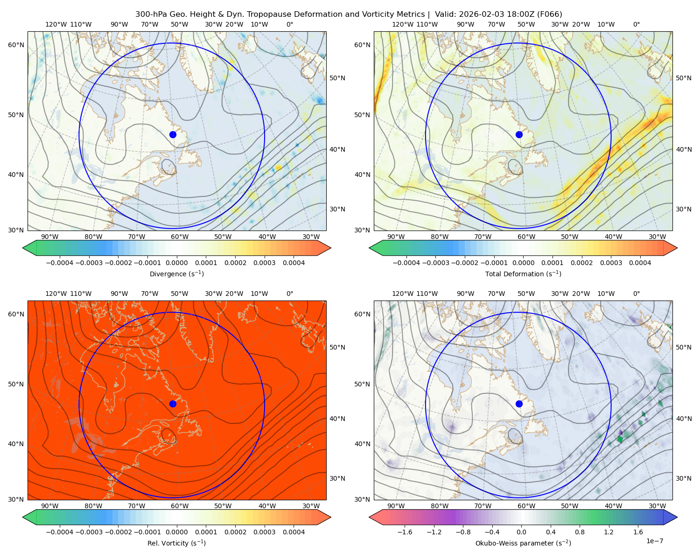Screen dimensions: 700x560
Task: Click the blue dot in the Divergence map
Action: (173, 134)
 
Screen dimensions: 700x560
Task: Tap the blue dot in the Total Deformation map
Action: (519, 134)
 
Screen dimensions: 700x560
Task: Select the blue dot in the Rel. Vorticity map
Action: (173, 404)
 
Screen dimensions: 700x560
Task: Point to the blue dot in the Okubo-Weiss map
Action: (519, 404)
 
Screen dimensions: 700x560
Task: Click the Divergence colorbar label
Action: (176, 273)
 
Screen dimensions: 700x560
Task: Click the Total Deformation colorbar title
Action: (523, 273)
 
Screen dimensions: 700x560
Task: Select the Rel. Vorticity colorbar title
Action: (176, 543)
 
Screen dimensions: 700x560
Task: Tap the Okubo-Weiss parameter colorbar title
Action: (523, 543)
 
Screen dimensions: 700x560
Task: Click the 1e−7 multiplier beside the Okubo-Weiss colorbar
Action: (654, 541)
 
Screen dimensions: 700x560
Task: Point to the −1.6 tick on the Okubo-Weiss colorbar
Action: (405, 532)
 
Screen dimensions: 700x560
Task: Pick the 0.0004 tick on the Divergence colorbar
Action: (294, 263)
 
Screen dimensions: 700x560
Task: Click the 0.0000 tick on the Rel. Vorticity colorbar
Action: (176, 532)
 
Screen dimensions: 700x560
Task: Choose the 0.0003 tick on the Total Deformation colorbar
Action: (611, 263)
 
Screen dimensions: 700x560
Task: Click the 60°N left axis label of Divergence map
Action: (16, 45)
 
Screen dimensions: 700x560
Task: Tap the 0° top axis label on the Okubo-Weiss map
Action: (636, 293)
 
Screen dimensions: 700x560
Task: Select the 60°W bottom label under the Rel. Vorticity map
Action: (180, 506)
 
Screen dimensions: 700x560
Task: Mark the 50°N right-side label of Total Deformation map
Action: (684, 78)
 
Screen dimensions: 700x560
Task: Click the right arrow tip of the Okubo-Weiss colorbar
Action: (677, 517)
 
